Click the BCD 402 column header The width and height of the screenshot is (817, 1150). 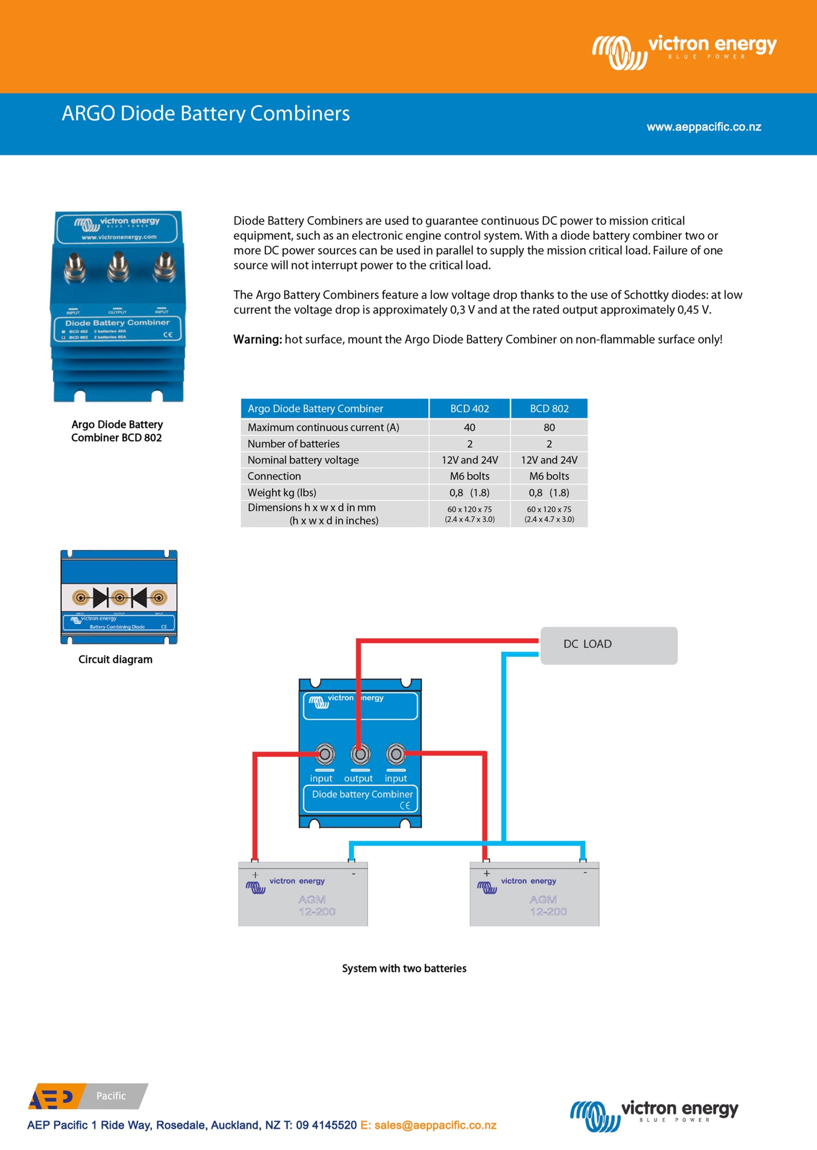point(469,409)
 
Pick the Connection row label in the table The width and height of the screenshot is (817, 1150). point(274,476)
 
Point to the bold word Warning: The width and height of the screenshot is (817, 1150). point(258,340)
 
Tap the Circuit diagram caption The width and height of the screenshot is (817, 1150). point(115,659)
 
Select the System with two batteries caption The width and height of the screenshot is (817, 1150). point(404,968)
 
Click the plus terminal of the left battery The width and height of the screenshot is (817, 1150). point(255,875)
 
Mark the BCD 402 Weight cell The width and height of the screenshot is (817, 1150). point(469,493)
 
